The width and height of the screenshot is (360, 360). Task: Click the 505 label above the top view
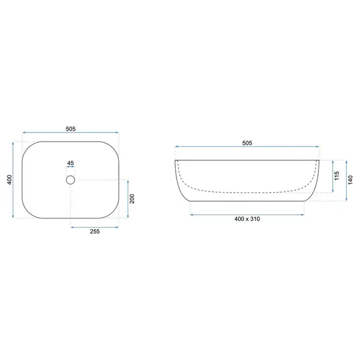(x=70, y=129)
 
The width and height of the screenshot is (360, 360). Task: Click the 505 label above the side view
(x=247, y=143)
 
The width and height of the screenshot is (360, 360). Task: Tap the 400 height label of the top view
(x=10, y=179)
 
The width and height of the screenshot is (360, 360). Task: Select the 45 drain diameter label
(x=70, y=163)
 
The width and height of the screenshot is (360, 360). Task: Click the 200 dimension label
(x=132, y=199)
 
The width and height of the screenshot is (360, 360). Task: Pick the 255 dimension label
(x=95, y=232)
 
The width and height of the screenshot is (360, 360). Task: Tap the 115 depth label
(x=337, y=176)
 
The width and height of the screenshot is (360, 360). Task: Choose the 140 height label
(x=350, y=180)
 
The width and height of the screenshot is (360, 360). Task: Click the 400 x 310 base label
(x=247, y=219)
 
